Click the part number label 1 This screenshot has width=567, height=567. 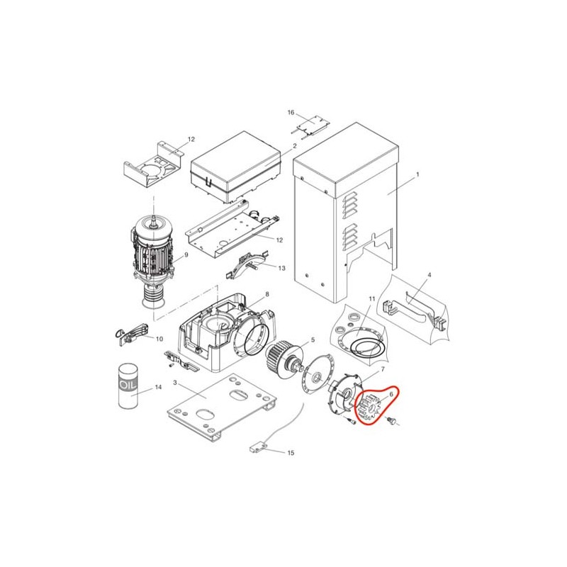(x=417, y=174)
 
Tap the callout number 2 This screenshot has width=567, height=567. (x=295, y=146)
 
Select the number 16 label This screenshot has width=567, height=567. (x=291, y=113)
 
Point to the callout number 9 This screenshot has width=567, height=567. (x=186, y=255)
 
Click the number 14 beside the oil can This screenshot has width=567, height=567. (x=158, y=387)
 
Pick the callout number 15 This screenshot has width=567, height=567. (x=291, y=453)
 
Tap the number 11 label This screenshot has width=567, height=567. (x=372, y=298)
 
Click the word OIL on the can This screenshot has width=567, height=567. (x=128, y=385)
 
